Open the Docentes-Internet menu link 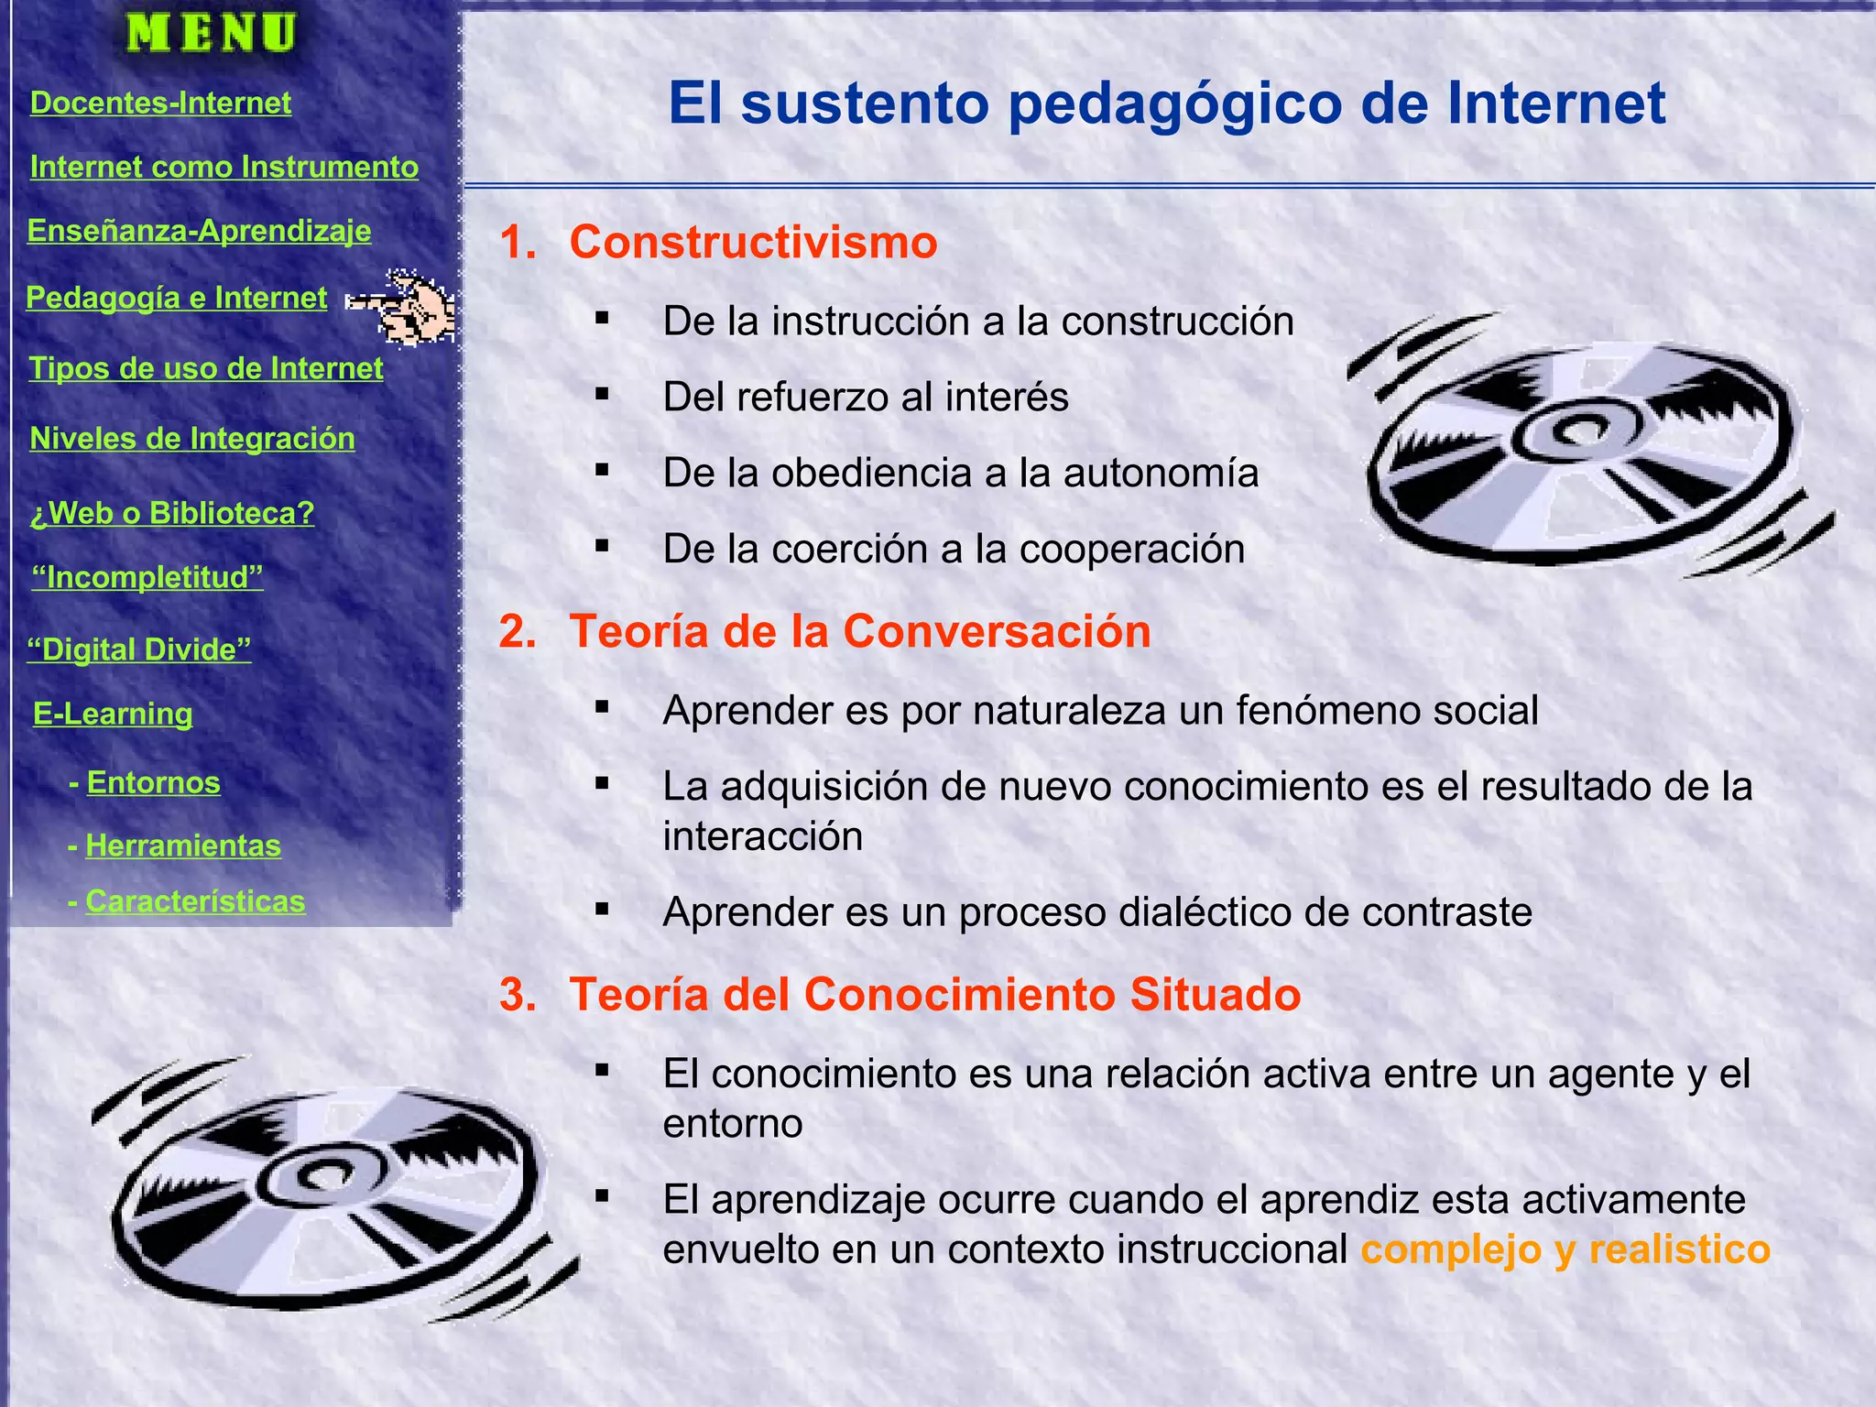pyautogui.click(x=160, y=103)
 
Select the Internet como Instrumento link pyautogui.click(x=224, y=167)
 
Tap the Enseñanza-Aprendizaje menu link pyautogui.click(x=199, y=231)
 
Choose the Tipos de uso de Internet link pyautogui.click(x=206, y=368)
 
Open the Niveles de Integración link pyautogui.click(x=192, y=439)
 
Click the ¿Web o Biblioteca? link pyautogui.click(x=171, y=513)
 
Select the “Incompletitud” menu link pyautogui.click(x=147, y=577)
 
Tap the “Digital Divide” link pyautogui.click(x=139, y=649)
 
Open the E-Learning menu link pyautogui.click(x=113, y=714)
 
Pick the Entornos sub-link pyautogui.click(x=153, y=782)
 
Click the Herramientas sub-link pyautogui.click(x=183, y=845)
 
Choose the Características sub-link pyautogui.click(x=195, y=901)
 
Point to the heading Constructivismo pyautogui.click(x=753, y=243)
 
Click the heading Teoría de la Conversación pyautogui.click(x=859, y=631)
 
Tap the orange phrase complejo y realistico pyautogui.click(x=1565, y=1249)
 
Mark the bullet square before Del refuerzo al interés pyautogui.click(x=602, y=395)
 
